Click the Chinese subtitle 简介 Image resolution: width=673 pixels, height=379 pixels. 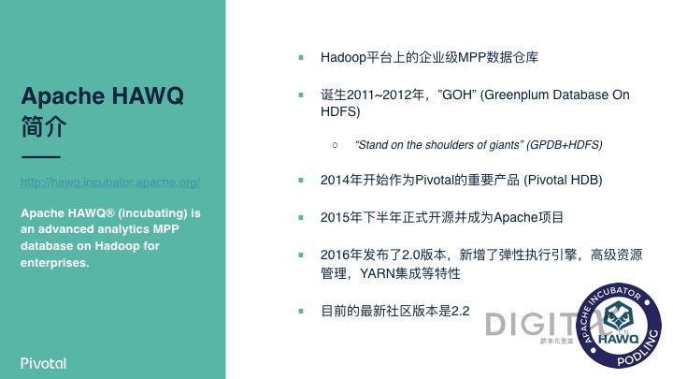[41, 126]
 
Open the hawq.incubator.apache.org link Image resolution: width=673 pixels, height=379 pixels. [110, 181]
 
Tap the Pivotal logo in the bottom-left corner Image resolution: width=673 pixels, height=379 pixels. [43, 361]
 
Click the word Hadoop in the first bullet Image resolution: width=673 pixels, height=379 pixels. [340, 58]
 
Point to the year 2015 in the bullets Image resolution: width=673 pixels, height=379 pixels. [335, 217]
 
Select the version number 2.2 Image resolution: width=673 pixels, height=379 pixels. [459, 310]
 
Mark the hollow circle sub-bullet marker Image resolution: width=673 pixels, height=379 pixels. [336, 146]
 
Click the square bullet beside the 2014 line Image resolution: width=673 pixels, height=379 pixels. [301, 180]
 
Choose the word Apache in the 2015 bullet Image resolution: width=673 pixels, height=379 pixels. [522, 217]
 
